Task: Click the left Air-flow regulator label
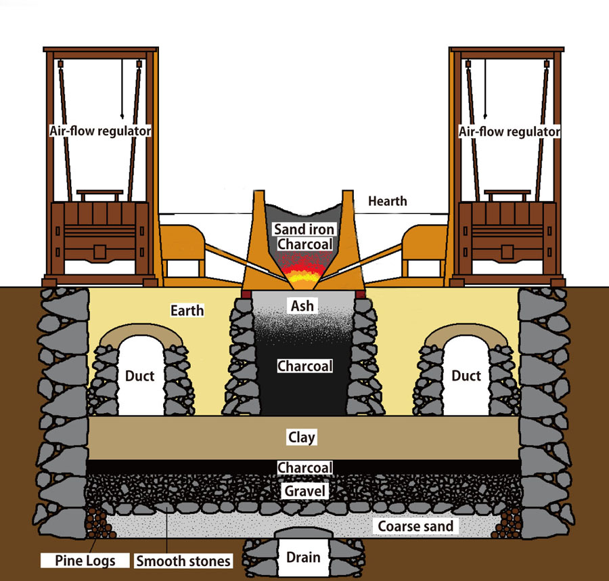pyautogui.click(x=99, y=131)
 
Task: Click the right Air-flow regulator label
pyautogui.click(x=510, y=131)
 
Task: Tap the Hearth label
pyautogui.click(x=388, y=201)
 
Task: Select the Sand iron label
pyautogui.click(x=304, y=230)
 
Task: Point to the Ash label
pyautogui.click(x=302, y=306)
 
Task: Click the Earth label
pyautogui.click(x=187, y=311)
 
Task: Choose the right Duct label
pyautogui.click(x=466, y=376)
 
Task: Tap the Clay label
pyautogui.click(x=302, y=437)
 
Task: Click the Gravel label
pyautogui.click(x=304, y=490)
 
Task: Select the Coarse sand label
pyautogui.click(x=415, y=526)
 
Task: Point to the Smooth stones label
pyautogui.click(x=183, y=561)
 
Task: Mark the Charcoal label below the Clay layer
pyautogui.click(x=304, y=468)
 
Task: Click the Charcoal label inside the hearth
pyautogui.click(x=304, y=244)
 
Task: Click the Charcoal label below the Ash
pyautogui.click(x=304, y=366)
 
